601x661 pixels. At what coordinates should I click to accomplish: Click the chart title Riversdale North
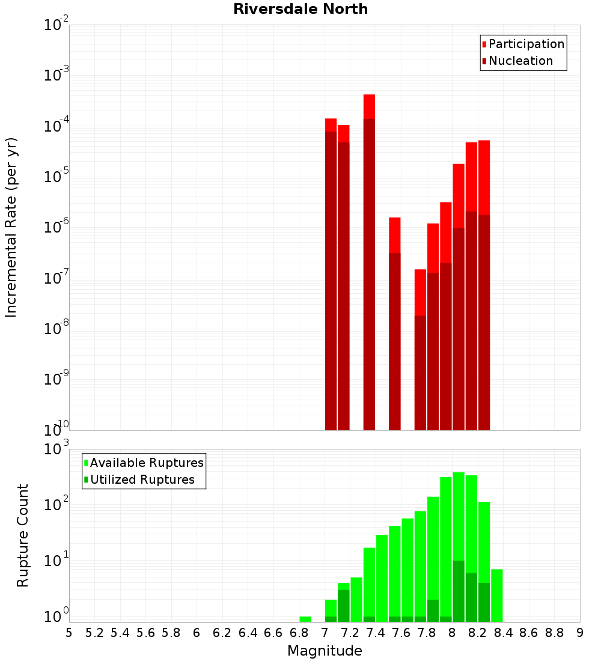(300, 9)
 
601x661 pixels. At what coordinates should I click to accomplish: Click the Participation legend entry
(526, 44)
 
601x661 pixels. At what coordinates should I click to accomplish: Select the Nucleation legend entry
(520, 61)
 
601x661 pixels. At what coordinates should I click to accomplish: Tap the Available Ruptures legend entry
(146, 463)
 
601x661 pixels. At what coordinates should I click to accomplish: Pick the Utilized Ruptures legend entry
(141, 480)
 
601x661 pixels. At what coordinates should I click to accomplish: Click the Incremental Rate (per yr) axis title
(11, 228)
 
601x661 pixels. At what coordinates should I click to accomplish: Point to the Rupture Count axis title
(23, 535)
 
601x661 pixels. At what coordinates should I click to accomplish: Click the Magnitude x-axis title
(325, 651)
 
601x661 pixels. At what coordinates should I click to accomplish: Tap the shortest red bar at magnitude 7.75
(420, 349)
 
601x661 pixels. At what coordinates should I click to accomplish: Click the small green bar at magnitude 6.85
(305, 619)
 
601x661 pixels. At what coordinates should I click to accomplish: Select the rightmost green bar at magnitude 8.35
(497, 596)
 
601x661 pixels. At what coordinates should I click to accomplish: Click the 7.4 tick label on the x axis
(376, 633)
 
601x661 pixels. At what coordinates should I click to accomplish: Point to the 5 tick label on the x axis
(69, 633)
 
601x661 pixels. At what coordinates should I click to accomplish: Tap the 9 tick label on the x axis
(580, 633)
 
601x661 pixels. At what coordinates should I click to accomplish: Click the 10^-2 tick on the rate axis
(56, 26)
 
